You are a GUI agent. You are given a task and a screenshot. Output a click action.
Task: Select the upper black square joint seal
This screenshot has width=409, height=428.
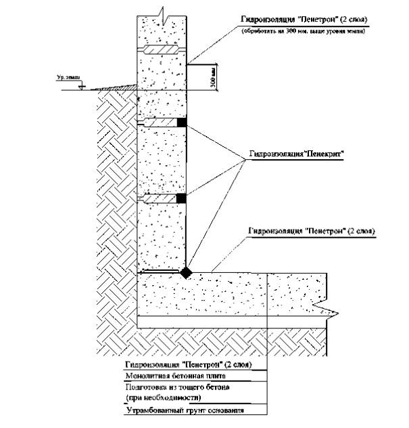point(181,123)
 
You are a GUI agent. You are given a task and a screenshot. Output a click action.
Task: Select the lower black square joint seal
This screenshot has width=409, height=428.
point(181,198)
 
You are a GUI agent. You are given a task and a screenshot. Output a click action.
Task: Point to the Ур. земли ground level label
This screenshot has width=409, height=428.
point(68,79)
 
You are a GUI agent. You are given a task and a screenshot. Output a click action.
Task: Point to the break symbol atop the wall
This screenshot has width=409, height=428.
point(160,9)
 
